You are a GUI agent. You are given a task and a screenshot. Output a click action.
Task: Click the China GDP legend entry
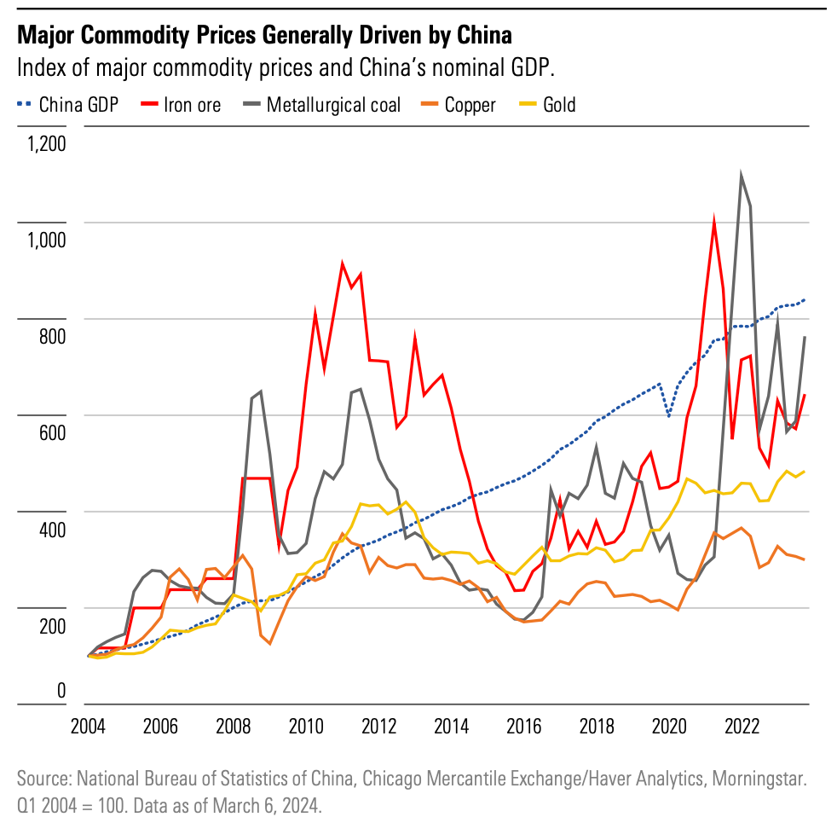click(x=79, y=105)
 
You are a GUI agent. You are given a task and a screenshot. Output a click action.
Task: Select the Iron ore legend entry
click(x=192, y=105)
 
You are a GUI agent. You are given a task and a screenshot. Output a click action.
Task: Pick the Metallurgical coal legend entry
click(x=333, y=105)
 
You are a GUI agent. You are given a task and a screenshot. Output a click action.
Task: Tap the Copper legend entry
click(x=470, y=105)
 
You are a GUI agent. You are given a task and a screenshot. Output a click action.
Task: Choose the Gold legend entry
click(x=559, y=105)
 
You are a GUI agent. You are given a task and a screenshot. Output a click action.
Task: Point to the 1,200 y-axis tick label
click(x=46, y=142)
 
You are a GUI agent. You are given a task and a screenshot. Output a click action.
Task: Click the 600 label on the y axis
click(x=52, y=432)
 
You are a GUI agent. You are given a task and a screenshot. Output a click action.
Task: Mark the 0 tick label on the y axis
click(x=61, y=691)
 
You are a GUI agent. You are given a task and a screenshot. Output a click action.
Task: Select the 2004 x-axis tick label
click(x=88, y=727)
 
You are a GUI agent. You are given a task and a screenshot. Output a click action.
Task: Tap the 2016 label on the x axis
click(x=524, y=727)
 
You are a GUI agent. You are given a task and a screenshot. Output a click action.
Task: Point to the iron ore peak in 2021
click(x=713, y=223)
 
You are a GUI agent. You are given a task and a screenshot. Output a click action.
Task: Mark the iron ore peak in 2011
click(x=342, y=264)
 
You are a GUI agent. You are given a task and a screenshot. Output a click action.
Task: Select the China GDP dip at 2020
click(x=669, y=415)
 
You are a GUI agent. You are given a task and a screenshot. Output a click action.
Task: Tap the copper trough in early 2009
click(x=269, y=643)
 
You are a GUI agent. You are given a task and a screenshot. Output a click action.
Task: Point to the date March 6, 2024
click(x=259, y=803)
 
